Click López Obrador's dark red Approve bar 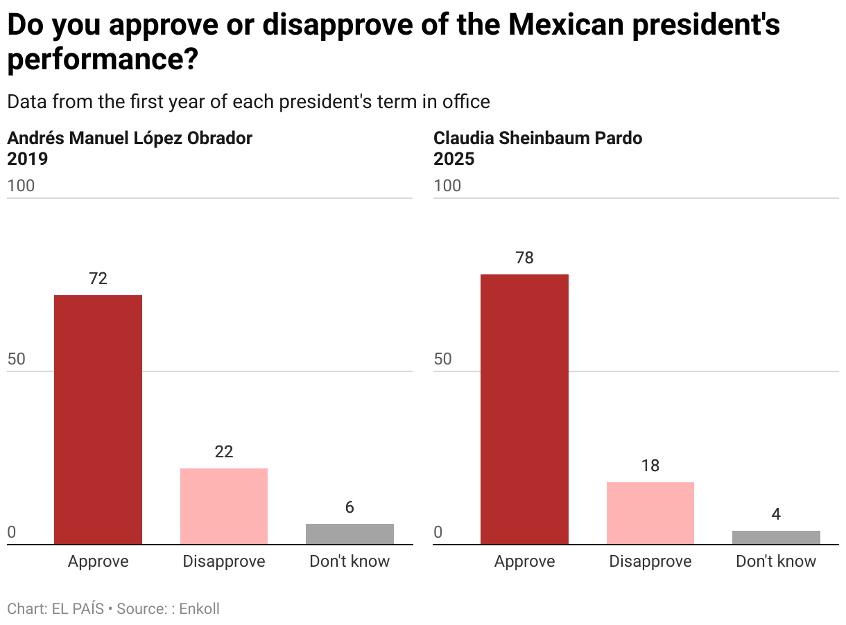(98, 419)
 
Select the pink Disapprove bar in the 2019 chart (224, 506)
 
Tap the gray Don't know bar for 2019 (349, 534)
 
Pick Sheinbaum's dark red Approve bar (524, 409)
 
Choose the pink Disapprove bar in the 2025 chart (650, 513)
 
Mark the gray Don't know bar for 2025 (776, 537)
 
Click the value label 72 (98, 279)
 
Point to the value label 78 (524, 258)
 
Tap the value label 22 (224, 452)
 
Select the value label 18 (650, 466)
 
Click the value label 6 (349, 507)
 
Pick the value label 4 (776, 514)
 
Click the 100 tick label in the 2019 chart (21, 186)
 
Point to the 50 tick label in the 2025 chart (442, 359)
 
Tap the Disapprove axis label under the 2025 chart (650, 561)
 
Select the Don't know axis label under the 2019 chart (349, 561)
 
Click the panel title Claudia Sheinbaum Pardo (537, 138)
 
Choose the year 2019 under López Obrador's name (28, 159)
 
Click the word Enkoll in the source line (199, 609)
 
